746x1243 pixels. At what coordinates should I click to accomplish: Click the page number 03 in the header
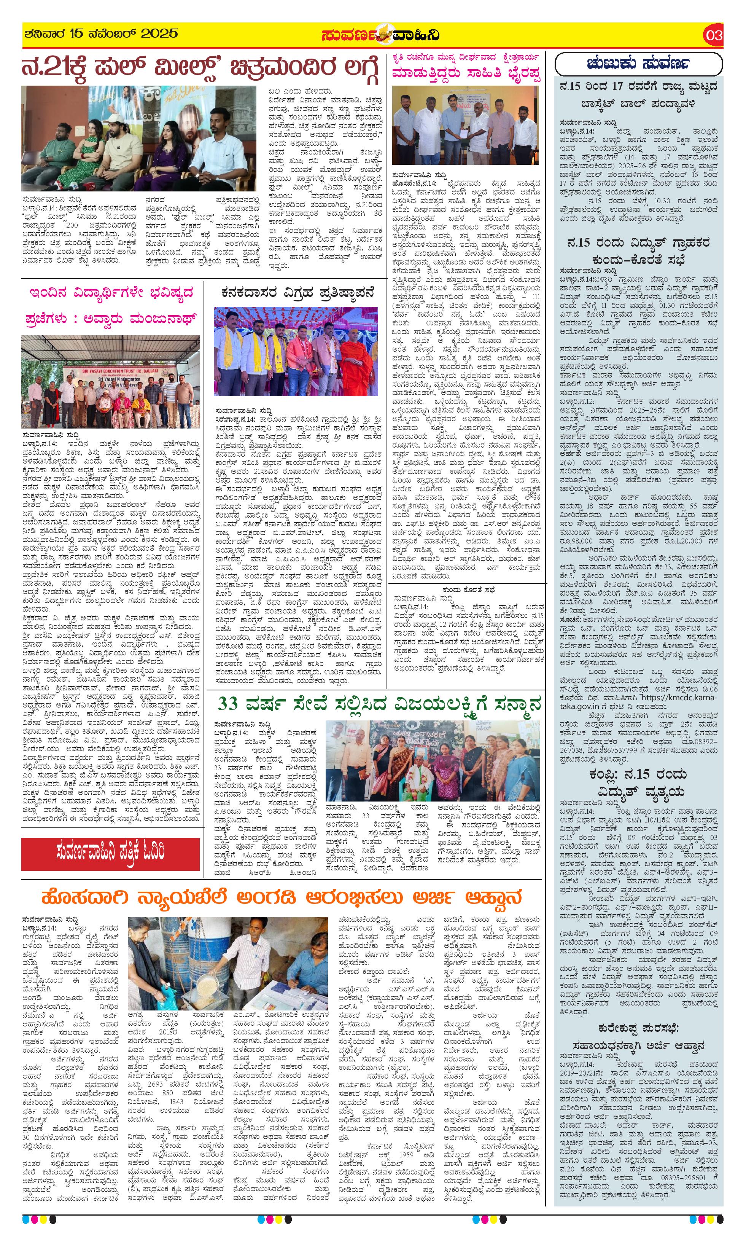click(713, 35)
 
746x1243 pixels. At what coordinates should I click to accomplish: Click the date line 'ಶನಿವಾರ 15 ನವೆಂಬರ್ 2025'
click(100, 34)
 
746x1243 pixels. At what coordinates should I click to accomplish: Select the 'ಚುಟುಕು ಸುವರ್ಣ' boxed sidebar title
click(638, 64)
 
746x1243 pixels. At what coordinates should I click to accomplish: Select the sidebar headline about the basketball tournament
click(638, 96)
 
